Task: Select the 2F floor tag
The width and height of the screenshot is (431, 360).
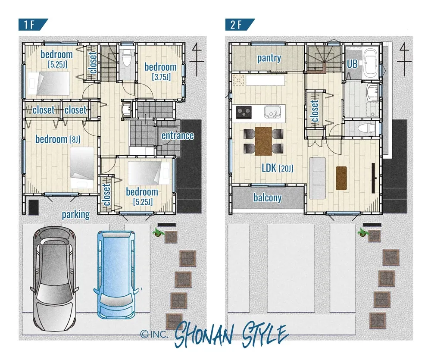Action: pyautogui.click(x=240, y=25)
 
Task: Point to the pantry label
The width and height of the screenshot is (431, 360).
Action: pyautogui.click(x=269, y=58)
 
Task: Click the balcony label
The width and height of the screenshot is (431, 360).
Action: pyautogui.click(x=268, y=197)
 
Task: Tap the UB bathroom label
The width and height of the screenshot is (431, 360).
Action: pyautogui.click(x=352, y=64)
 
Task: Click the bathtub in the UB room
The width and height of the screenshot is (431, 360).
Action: pyautogui.click(x=371, y=63)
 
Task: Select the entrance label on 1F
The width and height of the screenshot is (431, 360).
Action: pyautogui.click(x=178, y=135)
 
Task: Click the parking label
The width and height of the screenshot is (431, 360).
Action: pyautogui.click(x=75, y=215)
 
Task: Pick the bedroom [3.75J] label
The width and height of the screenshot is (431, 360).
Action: pyautogui.click(x=161, y=71)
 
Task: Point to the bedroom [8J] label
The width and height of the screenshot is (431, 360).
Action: pyautogui.click(x=58, y=139)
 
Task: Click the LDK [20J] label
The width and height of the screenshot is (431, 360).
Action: pyautogui.click(x=277, y=168)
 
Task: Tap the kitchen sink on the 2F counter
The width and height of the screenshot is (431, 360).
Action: pyautogui.click(x=272, y=112)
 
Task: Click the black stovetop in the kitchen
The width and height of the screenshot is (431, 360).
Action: pyautogui.click(x=244, y=112)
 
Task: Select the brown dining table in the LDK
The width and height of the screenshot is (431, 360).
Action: pyautogui.click(x=263, y=141)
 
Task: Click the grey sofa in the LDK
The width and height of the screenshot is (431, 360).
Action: pyautogui.click(x=318, y=178)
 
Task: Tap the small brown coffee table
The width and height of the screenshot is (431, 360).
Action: pyautogui.click(x=341, y=178)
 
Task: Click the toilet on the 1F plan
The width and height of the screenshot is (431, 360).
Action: pyautogui.click(x=127, y=58)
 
